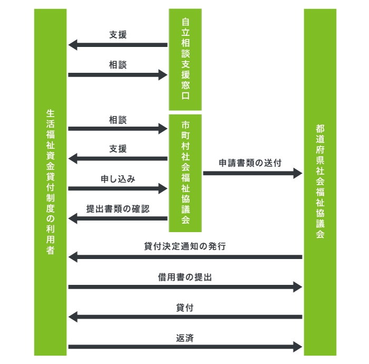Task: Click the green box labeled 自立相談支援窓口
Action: [185, 59]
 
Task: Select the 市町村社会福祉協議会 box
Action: [185, 173]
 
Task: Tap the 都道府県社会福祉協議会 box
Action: [320, 182]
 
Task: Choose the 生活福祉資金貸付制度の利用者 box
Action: [51, 182]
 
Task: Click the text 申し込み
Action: [118, 179]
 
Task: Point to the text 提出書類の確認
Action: [118, 209]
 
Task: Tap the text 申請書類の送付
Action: [250, 163]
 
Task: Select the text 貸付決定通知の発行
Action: [185, 246]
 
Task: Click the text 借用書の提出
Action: [185, 277]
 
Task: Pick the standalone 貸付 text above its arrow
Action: [185, 308]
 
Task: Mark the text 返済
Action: [185, 338]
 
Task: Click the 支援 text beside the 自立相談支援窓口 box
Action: [118, 35]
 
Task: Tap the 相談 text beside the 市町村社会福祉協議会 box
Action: [118, 120]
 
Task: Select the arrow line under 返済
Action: [185, 347]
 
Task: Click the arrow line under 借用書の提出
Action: [185, 287]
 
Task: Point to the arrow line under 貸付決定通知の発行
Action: [185, 257]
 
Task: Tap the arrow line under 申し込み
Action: [118, 188]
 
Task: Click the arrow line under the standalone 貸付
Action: [185, 317]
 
